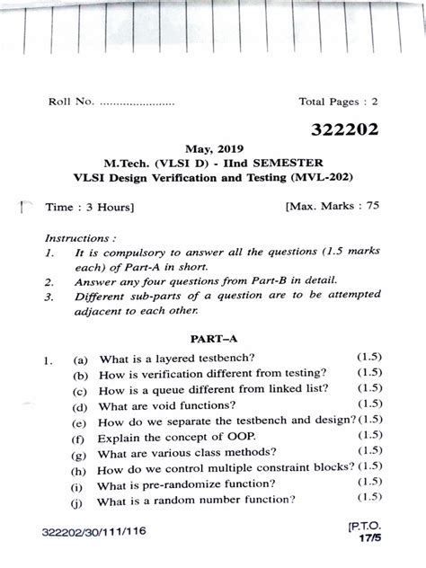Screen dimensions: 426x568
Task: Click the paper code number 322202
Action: (x=345, y=131)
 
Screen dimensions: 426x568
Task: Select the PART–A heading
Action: (x=212, y=340)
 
